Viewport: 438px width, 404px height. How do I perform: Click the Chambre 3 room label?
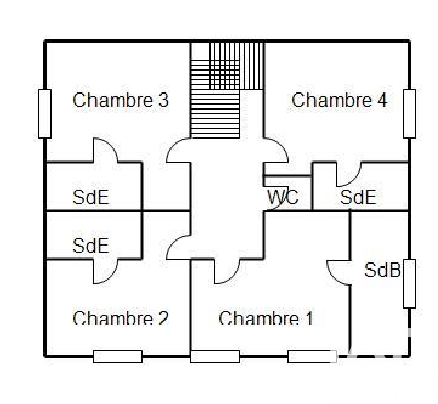pos(121,101)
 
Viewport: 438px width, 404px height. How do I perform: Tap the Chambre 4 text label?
pos(339,101)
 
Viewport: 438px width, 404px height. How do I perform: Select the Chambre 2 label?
pos(121,319)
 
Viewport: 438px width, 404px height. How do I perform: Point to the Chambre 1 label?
pos(266,319)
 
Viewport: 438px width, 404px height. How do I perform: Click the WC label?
pos(283,197)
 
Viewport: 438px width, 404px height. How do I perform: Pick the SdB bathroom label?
pos(382,270)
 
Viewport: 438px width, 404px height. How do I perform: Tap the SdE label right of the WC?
pos(358,197)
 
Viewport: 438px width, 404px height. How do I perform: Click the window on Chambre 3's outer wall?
pos(45,113)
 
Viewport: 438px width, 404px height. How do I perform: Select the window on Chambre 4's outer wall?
pos(409,113)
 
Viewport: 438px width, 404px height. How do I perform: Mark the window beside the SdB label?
pos(409,283)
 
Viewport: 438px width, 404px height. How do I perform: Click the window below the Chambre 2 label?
pos(117,357)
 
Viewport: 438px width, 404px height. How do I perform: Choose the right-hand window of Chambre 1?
pos(312,357)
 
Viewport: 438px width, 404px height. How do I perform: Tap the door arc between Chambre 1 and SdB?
pos(338,273)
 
